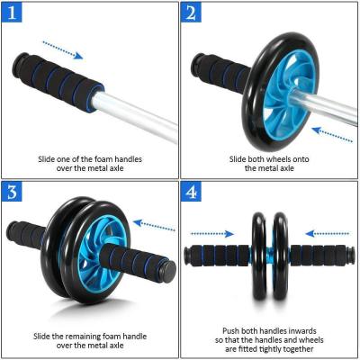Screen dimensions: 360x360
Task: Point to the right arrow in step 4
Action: (326, 231)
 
